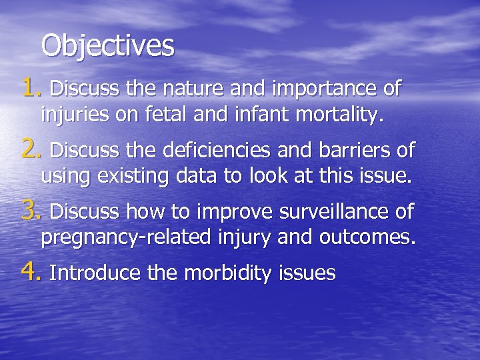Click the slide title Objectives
click(107, 47)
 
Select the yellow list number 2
click(31, 150)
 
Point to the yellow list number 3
click(31, 211)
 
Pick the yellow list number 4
click(31, 272)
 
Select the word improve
click(233, 213)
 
